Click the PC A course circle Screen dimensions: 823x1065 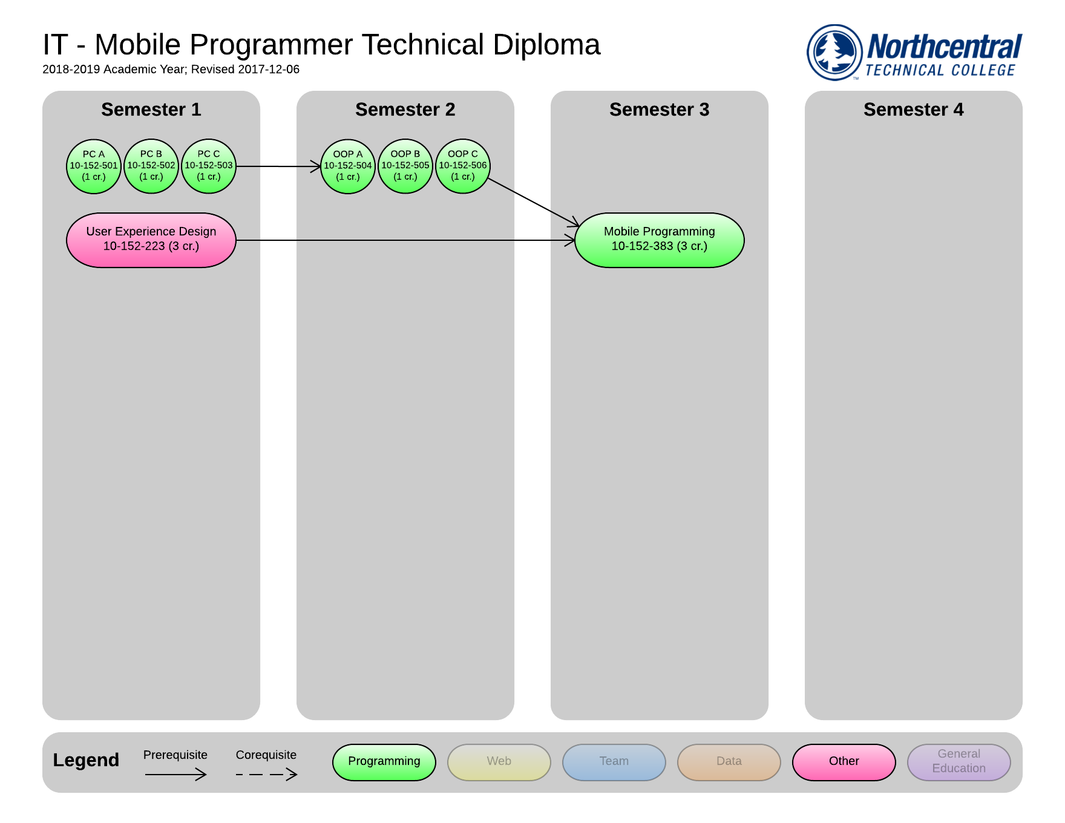94,166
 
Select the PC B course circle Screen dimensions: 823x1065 151,166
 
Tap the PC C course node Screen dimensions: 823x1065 209,166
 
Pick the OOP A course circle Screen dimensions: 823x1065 348,166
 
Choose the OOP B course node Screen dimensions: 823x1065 405,166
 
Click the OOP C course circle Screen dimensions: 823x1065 463,166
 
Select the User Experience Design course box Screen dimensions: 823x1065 151,240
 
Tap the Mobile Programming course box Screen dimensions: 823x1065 660,240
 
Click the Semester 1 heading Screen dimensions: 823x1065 151,110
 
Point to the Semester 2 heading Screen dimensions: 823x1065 405,110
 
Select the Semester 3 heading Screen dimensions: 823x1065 660,110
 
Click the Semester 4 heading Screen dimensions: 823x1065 914,110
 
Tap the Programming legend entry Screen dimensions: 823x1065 384,762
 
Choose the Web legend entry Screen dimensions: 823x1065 499,762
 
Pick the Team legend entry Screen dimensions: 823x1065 614,762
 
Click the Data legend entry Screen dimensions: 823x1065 729,762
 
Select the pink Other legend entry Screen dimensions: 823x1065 844,762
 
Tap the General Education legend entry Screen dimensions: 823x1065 959,762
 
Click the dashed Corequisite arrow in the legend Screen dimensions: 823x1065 266,774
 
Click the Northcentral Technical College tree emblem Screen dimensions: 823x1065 835,52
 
